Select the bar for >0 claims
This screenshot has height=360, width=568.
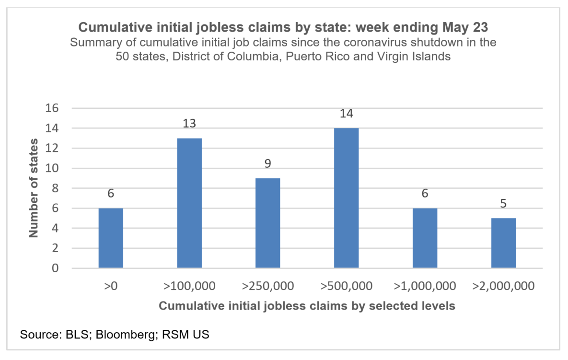click(111, 238)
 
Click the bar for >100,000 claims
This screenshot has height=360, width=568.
click(189, 203)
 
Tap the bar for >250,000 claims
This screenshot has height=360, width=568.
click(267, 223)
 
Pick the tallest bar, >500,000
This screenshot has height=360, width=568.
click(346, 198)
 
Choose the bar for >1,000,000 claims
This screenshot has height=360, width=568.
click(425, 238)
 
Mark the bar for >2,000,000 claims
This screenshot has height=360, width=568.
click(503, 243)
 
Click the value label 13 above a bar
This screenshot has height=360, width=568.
click(189, 124)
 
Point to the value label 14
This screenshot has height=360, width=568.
click(346, 114)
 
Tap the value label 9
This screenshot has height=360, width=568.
click(267, 164)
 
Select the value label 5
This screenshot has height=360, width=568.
click(503, 204)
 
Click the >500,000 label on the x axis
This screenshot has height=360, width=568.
click(346, 287)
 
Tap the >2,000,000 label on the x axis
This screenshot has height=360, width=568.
click(503, 287)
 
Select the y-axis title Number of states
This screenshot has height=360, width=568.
click(34, 188)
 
